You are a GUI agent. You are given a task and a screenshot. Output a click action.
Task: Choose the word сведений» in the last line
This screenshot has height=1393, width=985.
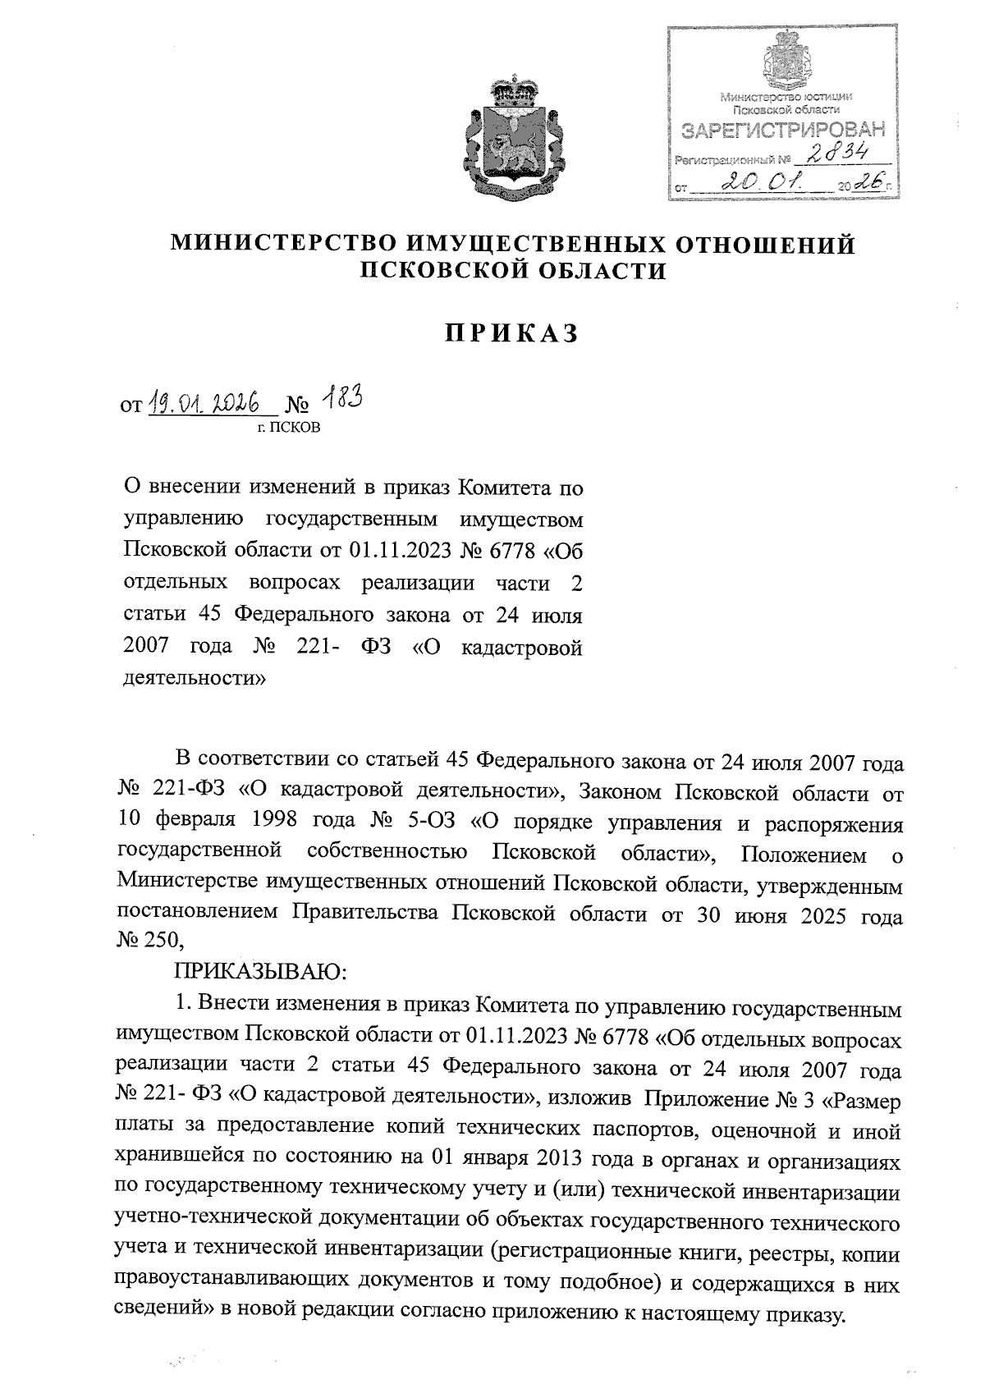(x=166, y=1312)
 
